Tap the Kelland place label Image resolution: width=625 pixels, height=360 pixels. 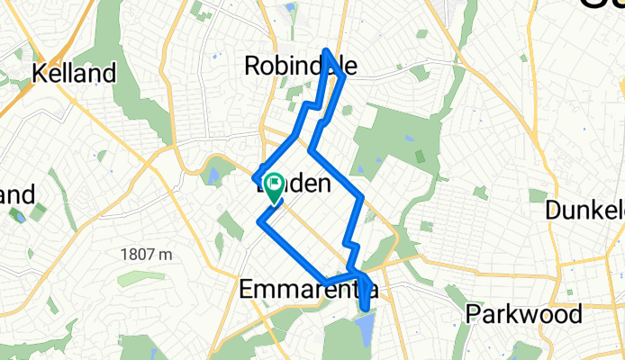click(x=76, y=73)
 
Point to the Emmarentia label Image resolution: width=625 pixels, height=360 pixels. click(x=307, y=290)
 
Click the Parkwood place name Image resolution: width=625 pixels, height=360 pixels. click(x=523, y=314)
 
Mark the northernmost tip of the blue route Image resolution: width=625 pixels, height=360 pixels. click(x=326, y=50)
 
